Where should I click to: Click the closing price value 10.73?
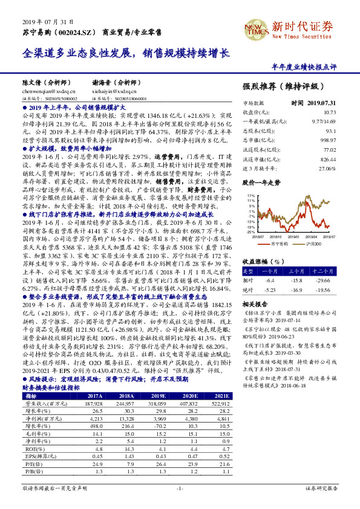coord(330,112)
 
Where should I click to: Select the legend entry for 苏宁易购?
coord(279,243)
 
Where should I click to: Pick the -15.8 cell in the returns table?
coord(297,280)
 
